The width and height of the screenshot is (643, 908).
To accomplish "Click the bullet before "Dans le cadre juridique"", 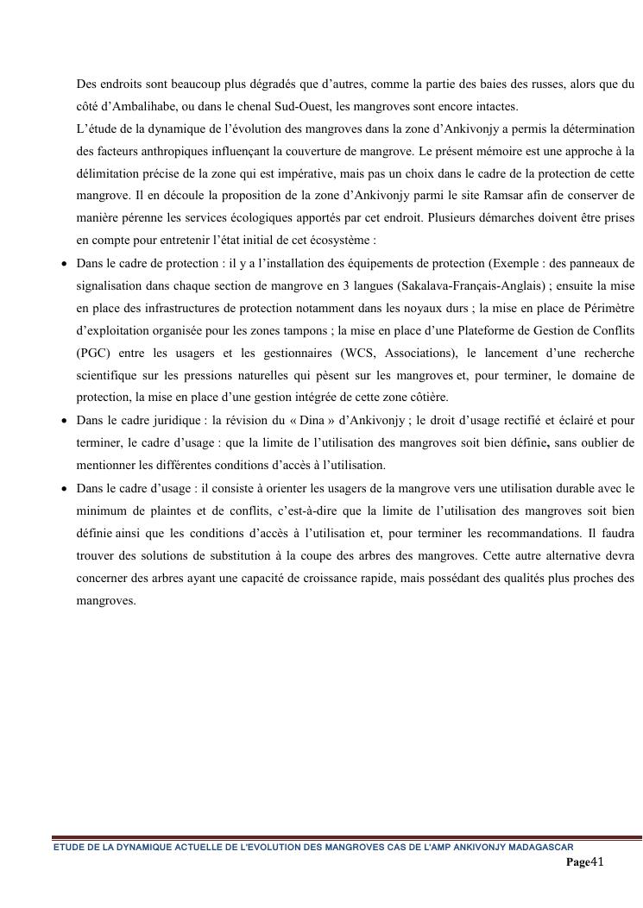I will coord(64,421).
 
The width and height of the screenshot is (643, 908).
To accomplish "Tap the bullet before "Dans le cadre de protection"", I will coord(64,264).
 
